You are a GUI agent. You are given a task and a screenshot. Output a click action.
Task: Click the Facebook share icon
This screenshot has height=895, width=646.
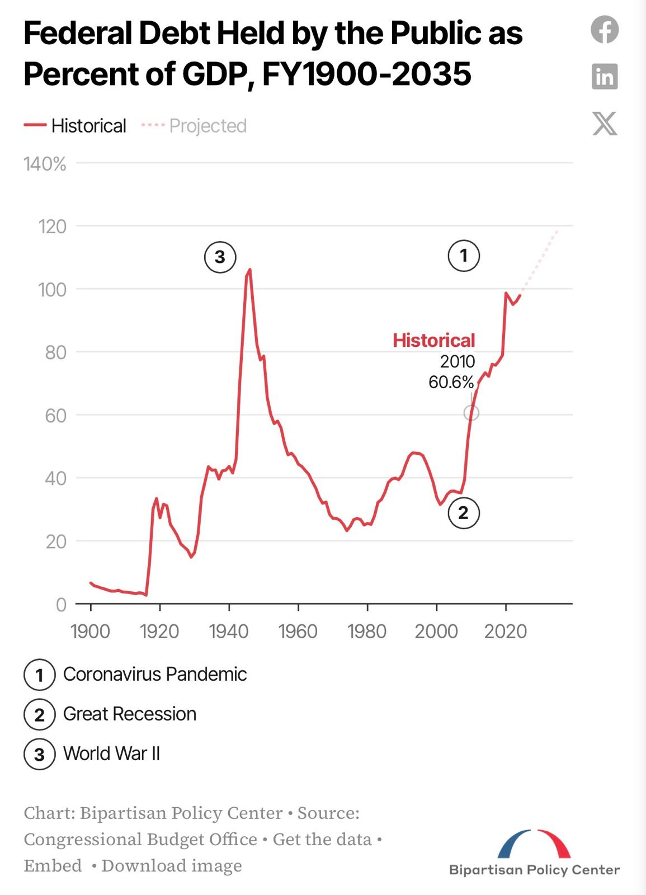click(605, 30)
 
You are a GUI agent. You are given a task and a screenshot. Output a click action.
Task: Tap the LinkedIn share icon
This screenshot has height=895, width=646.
click(605, 76)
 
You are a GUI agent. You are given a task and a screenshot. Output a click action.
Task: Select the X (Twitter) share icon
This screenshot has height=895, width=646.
click(605, 123)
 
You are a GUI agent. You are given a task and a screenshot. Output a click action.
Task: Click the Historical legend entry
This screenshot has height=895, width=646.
click(76, 126)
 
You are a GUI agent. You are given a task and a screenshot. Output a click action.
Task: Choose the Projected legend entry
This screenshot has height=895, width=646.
click(194, 126)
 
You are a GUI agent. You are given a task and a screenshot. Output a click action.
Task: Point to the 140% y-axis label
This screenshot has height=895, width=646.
click(45, 164)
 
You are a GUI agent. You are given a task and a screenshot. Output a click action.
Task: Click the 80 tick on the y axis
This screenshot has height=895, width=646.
click(55, 352)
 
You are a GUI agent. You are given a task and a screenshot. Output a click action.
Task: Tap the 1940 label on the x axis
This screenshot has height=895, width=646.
click(228, 632)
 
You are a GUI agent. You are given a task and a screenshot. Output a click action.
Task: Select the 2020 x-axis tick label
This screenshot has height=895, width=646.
click(505, 632)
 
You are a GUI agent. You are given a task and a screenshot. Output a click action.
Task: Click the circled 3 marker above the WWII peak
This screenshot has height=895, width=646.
click(220, 257)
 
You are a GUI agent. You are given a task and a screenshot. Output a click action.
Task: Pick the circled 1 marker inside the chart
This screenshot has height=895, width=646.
click(463, 256)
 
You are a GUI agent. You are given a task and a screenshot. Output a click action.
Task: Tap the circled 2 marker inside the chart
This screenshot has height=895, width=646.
click(463, 513)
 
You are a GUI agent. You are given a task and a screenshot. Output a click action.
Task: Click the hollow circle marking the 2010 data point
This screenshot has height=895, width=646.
click(471, 413)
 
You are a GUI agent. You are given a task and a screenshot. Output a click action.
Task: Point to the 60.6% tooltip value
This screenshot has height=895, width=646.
click(451, 383)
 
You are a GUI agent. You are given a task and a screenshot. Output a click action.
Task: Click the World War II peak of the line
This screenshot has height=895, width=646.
click(249, 270)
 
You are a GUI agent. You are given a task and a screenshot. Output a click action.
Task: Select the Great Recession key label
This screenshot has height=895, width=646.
click(129, 714)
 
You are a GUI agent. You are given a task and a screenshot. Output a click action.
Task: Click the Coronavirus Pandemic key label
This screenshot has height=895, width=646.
click(154, 674)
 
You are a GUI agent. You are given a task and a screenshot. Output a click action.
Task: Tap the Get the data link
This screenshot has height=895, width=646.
click(322, 839)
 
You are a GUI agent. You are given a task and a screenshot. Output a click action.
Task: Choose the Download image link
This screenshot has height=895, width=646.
click(172, 865)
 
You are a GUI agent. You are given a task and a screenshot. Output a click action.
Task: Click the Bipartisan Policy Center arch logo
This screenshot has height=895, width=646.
click(534, 845)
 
